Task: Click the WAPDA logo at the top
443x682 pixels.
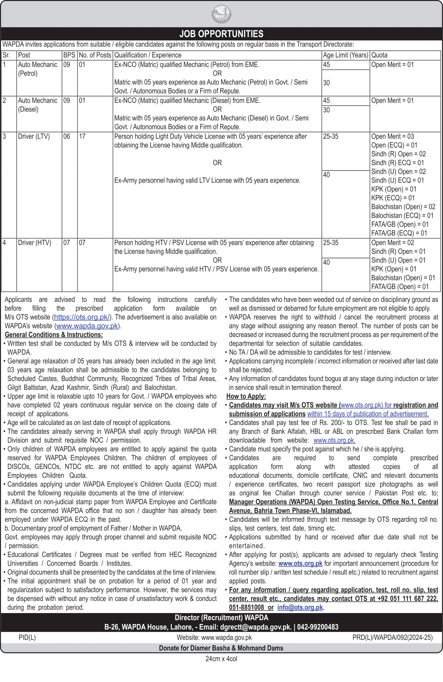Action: (222, 14)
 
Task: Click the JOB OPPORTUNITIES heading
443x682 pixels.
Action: (221, 34)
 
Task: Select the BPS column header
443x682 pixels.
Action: (69, 55)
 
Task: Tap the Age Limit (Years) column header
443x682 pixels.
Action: (345, 55)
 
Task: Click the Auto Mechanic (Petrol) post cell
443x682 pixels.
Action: (38, 69)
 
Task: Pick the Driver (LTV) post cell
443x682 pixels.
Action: (34, 137)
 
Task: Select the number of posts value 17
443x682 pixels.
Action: (82, 137)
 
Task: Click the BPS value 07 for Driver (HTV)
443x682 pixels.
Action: (67, 243)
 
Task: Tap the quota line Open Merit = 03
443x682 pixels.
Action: (392, 137)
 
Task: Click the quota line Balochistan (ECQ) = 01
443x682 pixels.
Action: (402, 216)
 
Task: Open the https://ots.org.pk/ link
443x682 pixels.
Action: (82, 317)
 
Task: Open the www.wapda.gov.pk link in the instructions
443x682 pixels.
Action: (87, 326)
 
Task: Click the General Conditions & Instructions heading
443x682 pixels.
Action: (54, 335)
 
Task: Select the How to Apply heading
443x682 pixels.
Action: (246, 397)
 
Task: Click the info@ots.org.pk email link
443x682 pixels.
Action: (300, 608)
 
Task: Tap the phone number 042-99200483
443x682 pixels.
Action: (317, 627)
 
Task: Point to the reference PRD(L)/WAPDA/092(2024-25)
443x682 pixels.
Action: (392, 638)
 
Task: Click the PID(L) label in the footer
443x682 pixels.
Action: (27, 638)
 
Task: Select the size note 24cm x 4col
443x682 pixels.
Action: (221, 659)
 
